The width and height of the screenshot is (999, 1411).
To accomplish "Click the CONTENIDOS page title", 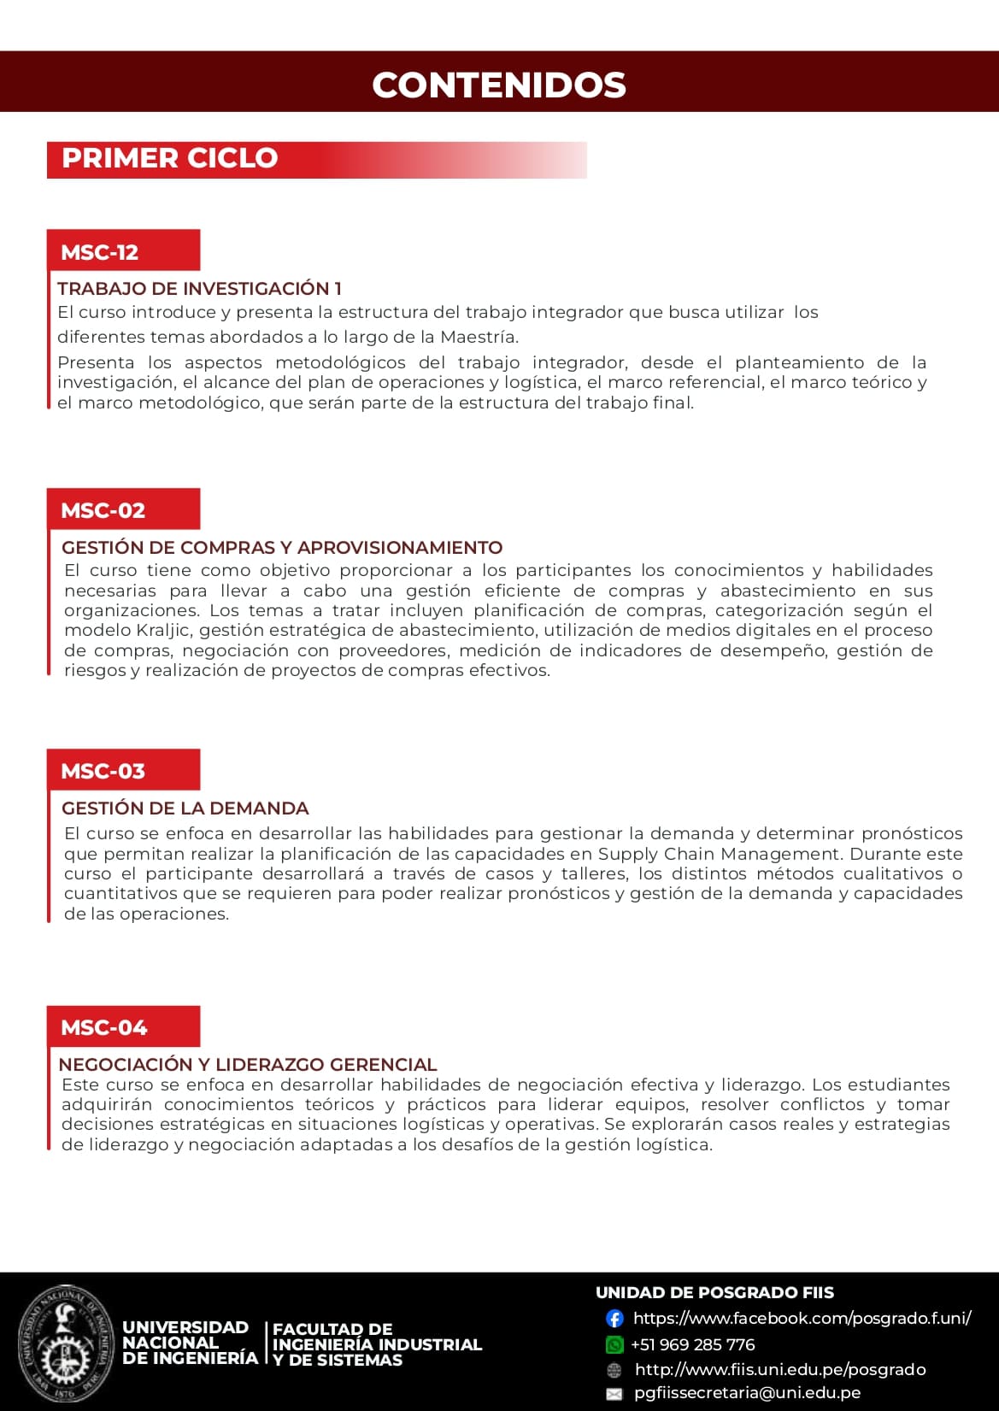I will pyautogui.click(x=499, y=85).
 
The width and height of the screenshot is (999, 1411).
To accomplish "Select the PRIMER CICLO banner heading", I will pyautogui.click(x=170, y=159).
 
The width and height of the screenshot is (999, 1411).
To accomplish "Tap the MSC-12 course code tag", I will pyautogui.click(x=100, y=252).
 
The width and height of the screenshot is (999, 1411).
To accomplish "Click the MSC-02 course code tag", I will pyautogui.click(x=103, y=510).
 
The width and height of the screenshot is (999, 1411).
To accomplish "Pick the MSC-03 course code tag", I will pyautogui.click(x=103, y=771).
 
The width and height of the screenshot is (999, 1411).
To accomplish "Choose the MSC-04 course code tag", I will pyautogui.click(x=104, y=1027).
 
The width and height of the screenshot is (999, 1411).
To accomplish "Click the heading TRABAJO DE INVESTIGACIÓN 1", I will pyautogui.click(x=200, y=289).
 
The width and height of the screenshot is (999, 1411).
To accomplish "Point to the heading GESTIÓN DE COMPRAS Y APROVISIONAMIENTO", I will pyautogui.click(x=282, y=548).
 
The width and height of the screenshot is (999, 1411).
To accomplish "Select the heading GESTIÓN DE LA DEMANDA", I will pyautogui.click(x=185, y=808).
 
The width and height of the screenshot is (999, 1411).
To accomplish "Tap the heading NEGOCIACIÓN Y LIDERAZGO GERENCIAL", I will pyautogui.click(x=248, y=1065).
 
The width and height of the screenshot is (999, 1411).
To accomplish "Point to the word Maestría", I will pyautogui.click(x=479, y=337).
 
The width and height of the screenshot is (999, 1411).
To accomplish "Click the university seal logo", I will pyautogui.click(x=66, y=1341).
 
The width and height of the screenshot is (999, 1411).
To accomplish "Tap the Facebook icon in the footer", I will pyautogui.click(x=614, y=1319).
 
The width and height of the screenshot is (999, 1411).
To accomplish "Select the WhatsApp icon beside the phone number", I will pyautogui.click(x=614, y=1344).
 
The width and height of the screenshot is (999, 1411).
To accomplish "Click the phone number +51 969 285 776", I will pyautogui.click(x=693, y=1344).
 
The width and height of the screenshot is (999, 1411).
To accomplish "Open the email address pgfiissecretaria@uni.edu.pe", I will pyautogui.click(x=747, y=1393).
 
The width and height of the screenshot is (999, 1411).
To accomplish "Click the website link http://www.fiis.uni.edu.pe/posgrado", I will pyautogui.click(x=780, y=1369).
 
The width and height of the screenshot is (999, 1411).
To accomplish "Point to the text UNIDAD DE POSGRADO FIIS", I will pyautogui.click(x=714, y=1293).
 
